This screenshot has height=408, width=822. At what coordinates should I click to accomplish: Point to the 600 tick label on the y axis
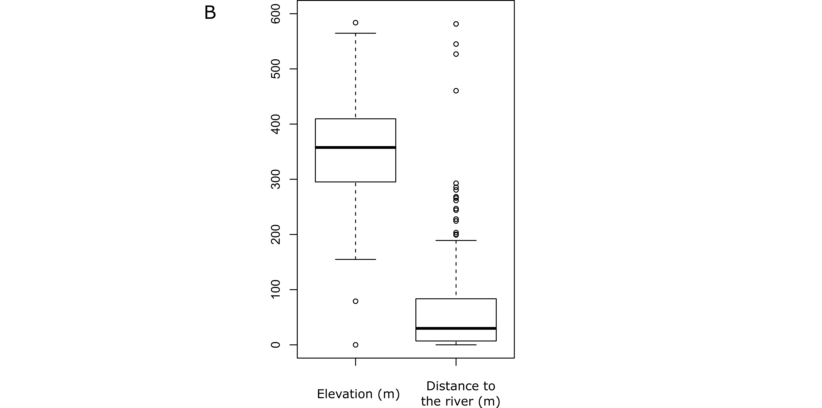click(x=275, y=14)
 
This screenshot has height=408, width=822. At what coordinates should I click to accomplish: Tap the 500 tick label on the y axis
click(x=275, y=69)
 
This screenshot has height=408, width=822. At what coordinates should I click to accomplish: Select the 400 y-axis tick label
click(x=275, y=124)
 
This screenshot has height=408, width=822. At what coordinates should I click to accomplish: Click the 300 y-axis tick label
click(x=275, y=179)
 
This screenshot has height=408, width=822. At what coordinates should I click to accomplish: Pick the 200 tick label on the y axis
click(x=275, y=234)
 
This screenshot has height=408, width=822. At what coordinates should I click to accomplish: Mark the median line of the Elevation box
click(x=356, y=147)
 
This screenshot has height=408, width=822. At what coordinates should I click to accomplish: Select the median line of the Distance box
click(x=456, y=328)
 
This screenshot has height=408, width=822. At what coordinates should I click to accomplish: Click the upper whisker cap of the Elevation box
click(x=356, y=33)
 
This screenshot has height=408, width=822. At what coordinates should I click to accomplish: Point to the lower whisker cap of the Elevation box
click(x=356, y=259)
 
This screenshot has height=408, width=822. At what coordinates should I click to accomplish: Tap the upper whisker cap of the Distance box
click(x=456, y=240)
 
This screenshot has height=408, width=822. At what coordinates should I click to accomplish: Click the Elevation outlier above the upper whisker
click(x=356, y=23)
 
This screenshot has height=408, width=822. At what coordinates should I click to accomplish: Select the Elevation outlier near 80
click(x=356, y=301)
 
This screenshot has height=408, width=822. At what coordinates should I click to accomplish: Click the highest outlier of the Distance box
click(x=456, y=24)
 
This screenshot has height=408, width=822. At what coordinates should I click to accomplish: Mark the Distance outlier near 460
click(x=456, y=91)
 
